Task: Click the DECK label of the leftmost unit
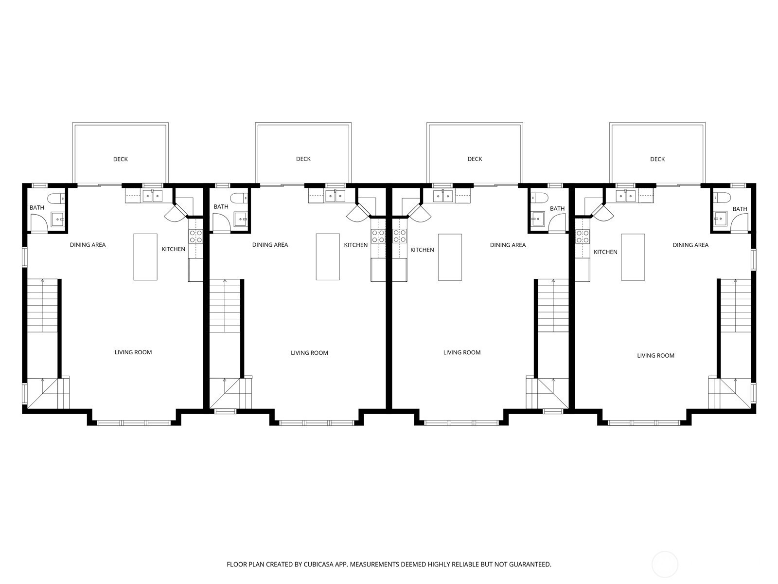tap(120, 159)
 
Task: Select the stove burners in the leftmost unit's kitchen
tap(195, 237)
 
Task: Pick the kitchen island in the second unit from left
tap(328, 257)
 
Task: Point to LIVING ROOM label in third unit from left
tap(462, 352)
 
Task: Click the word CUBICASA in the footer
tap(318, 564)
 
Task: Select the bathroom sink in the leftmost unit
tap(58, 219)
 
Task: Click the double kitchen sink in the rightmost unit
tap(625, 196)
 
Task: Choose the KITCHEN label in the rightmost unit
tap(605, 252)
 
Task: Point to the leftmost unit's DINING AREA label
tap(88, 245)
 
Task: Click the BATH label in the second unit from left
tap(221, 207)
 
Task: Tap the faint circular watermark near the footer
tap(665, 565)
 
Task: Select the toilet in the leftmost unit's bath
tap(56, 198)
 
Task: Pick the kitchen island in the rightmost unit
tap(633, 257)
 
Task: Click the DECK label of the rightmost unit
tap(657, 159)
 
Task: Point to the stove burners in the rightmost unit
tap(583, 237)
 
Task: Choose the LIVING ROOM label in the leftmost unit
tap(133, 352)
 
